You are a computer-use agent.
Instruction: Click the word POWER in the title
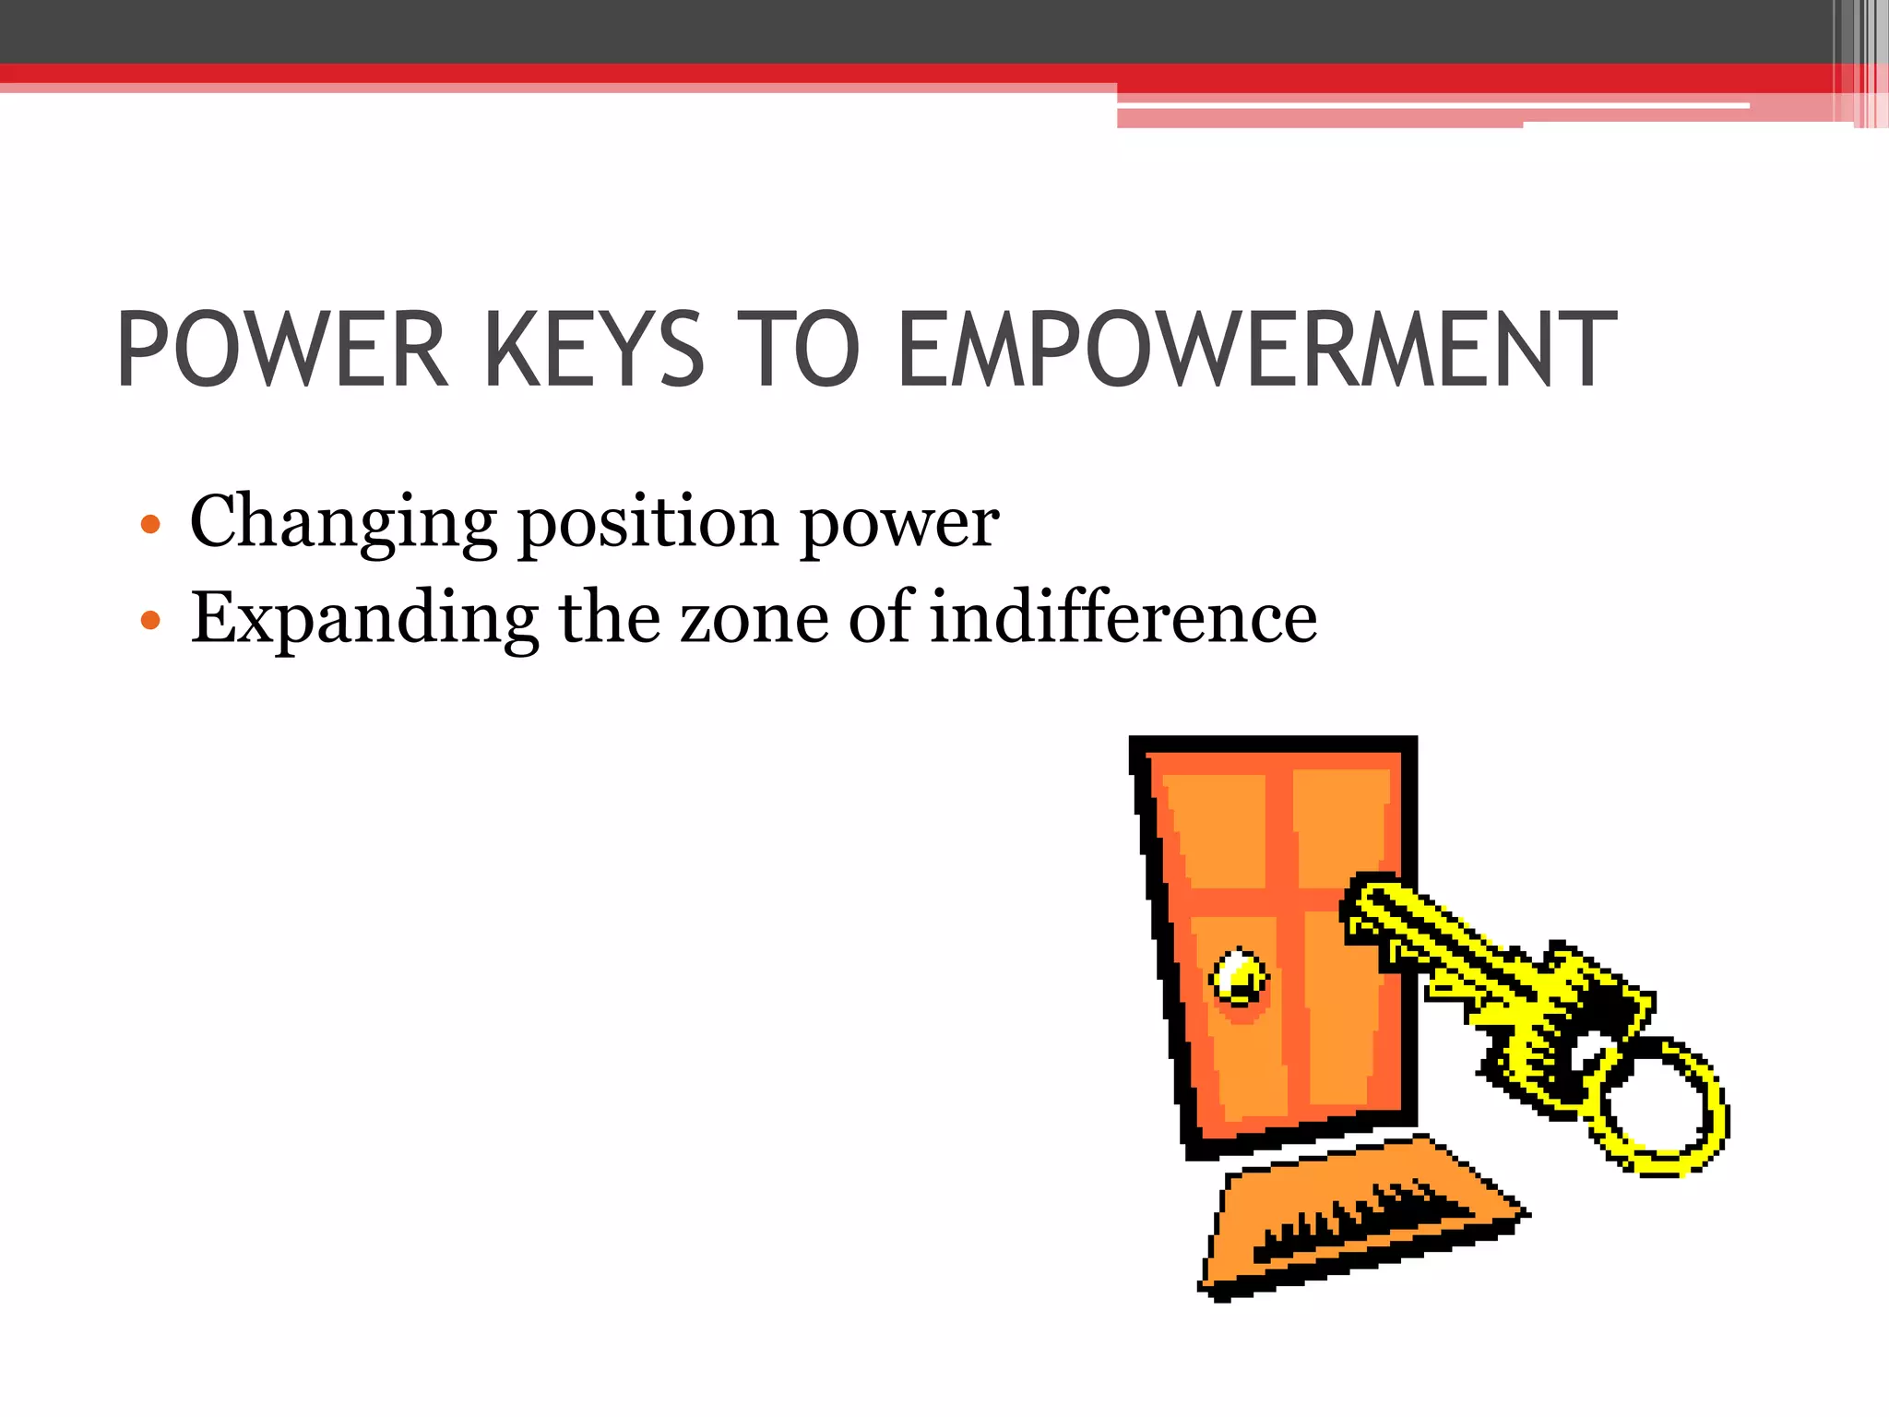coord(282,351)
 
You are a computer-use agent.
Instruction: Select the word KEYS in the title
coord(594,351)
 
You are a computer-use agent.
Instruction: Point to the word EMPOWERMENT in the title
coord(1256,351)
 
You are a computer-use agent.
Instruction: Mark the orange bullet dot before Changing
coord(150,526)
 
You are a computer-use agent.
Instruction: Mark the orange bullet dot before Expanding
coord(150,620)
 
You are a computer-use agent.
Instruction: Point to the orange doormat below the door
coord(1356,1218)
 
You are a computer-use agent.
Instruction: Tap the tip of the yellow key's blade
coord(1365,899)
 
